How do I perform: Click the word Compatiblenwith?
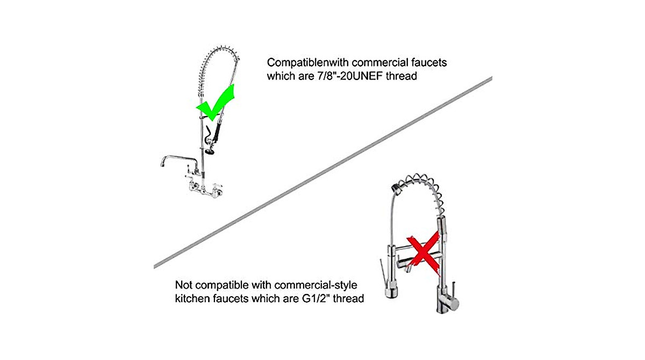pyautogui.click(x=307, y=63)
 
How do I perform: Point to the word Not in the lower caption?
pyautogui.click(x=183, y=285)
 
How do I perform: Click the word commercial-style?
pyautogui.click(x=316, y=285)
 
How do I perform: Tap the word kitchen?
pyautogui.click(x=192, y=298)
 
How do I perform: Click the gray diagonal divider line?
pyautogui.click(x=323, y=172)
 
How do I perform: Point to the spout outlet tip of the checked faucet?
pyautogui.click(x=162, y=164)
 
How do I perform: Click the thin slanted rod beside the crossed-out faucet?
pyautogui.click(x=383, y=273)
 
